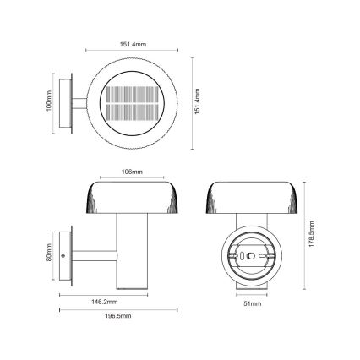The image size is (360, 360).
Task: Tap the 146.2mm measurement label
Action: pyautogui.click(x=106, y=301)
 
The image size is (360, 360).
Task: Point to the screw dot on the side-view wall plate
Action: pyautogui.click(x=64, y=254)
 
